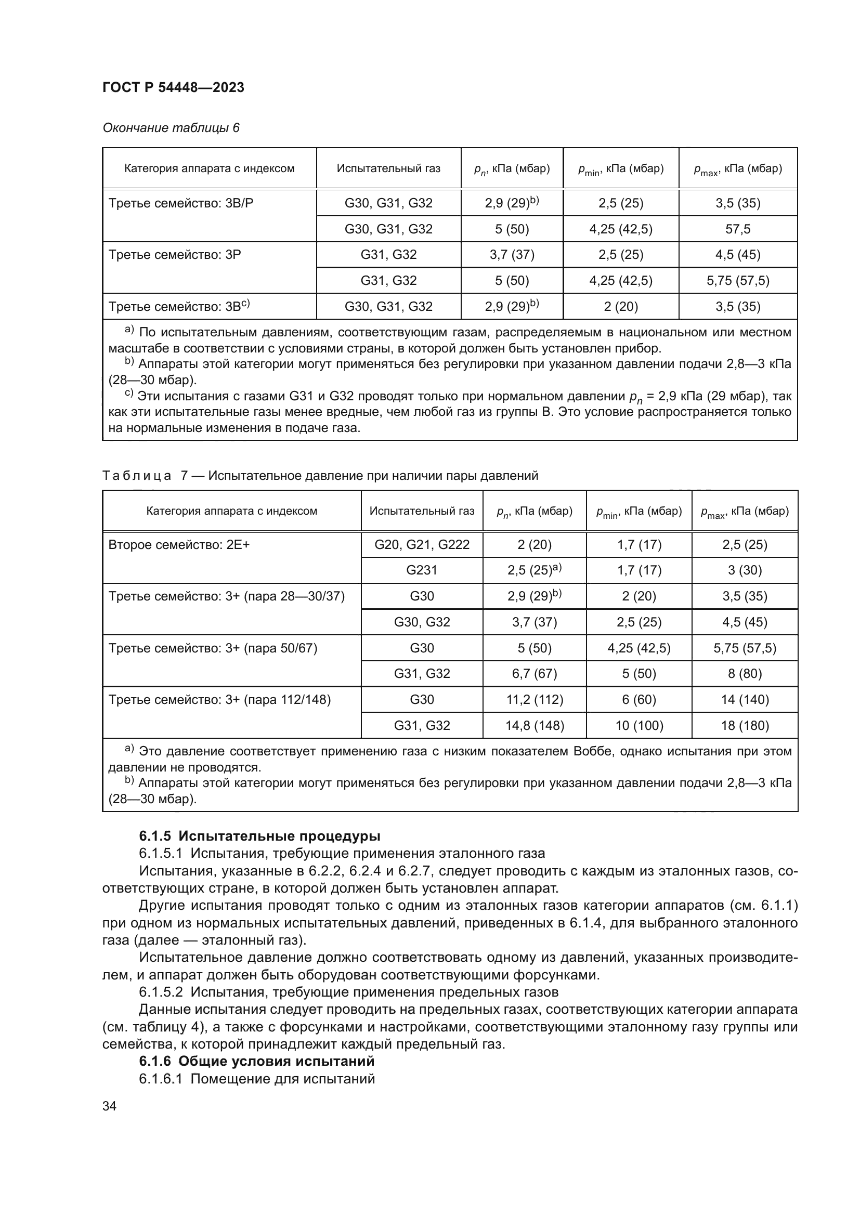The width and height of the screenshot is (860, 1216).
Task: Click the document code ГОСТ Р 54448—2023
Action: pyautogui.click(x=173, y=87)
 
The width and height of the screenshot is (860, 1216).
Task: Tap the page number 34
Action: pyautogui.click(x=110, y=1106)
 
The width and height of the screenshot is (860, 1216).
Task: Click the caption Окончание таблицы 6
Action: pyautogui.click(x=171, y=128)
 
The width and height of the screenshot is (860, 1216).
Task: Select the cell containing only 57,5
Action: pyautogui.click(x=738, y=229)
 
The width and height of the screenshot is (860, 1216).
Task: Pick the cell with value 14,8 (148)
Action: pyautogui.click(x=535, y=725)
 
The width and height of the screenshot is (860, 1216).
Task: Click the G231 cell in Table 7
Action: pyautogui.click(x=422, y=570)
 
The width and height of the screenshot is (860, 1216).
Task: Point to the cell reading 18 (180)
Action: pyautogui.click(x=745, y=725)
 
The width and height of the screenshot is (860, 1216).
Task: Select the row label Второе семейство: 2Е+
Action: pyautogui.click(x=179, y=544)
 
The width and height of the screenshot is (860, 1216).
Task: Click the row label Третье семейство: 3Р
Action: pyautogui.click(x=175, y=255)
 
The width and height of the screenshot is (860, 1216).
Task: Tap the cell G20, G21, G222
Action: pyautogui.click(x=422, y=544)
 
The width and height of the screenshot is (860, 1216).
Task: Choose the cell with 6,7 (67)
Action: pyautogui.click(x=535, y=673)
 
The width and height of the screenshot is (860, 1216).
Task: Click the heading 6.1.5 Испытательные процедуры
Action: pyautogui.click(x=259, y=836)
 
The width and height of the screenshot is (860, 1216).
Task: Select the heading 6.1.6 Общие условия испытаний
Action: pyautogui.click(x=256, y=1061)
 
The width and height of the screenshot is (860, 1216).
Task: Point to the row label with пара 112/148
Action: pyautogui.click(x=219, y=700)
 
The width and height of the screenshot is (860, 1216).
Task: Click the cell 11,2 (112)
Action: pyautogui.click(x=535, y=700)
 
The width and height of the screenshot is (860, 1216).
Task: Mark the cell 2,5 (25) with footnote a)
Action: pyautogui.click(x=535, y=570)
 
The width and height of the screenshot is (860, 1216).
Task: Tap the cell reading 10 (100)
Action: pyautogui.click(x=639, y=725)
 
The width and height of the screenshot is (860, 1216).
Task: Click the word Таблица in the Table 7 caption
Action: pyautogui.click(x=137, y=476)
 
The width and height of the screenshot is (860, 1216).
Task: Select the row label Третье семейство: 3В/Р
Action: pyautogui.click(x=181, y=203)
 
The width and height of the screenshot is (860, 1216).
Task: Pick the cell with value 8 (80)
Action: pyautogui.click(x=745, y=673)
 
